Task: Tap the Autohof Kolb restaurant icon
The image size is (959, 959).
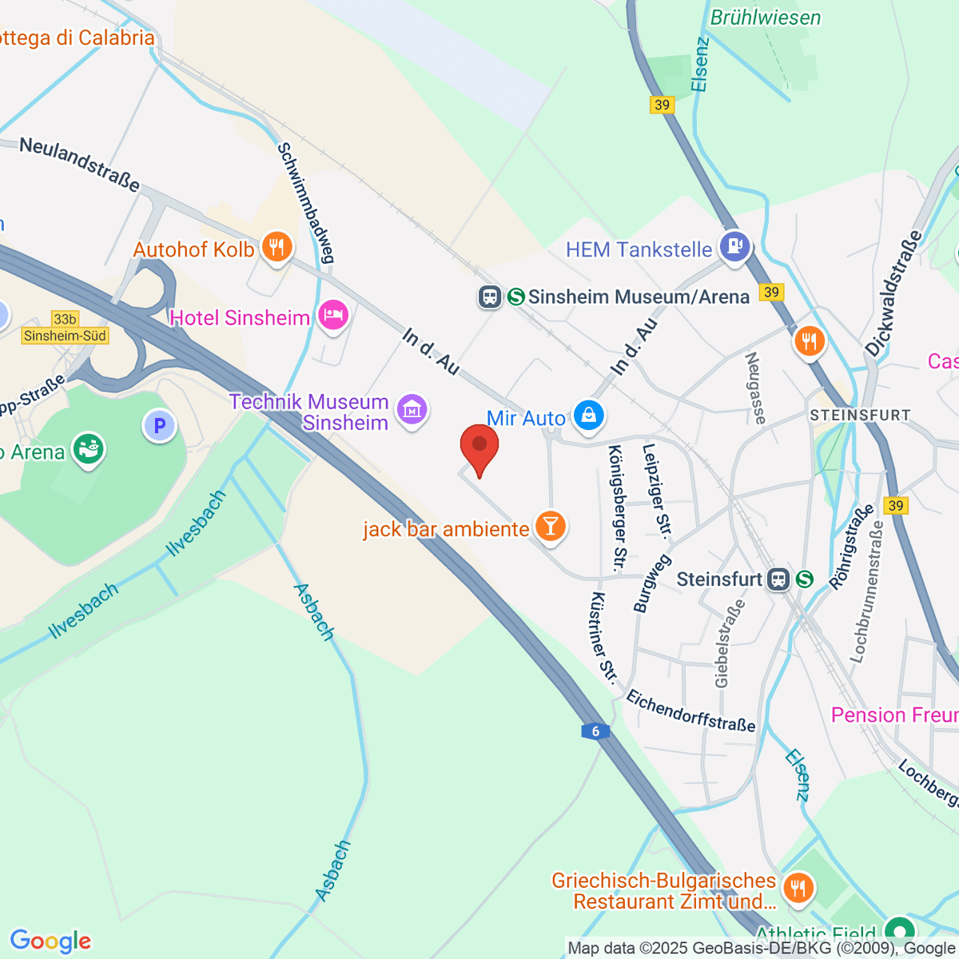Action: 277,247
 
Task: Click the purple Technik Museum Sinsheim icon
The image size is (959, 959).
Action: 412,410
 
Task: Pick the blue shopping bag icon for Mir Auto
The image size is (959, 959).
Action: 589,415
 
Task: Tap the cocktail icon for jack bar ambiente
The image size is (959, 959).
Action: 550,526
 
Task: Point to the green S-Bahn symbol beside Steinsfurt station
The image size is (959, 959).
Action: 804,579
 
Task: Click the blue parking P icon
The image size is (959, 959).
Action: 159,426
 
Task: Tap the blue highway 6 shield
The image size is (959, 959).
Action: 595,731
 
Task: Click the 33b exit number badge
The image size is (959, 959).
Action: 65,319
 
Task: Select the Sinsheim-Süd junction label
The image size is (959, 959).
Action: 65,336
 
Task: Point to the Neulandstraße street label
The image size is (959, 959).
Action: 79,164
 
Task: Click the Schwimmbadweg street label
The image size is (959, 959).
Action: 305,203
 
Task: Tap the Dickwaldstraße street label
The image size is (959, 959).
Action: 893,293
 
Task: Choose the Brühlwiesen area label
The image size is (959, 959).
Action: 765,18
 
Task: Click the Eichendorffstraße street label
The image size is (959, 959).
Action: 690,710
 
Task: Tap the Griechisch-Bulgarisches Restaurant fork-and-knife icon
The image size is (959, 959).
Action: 798,887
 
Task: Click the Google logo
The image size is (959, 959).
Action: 50,941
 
